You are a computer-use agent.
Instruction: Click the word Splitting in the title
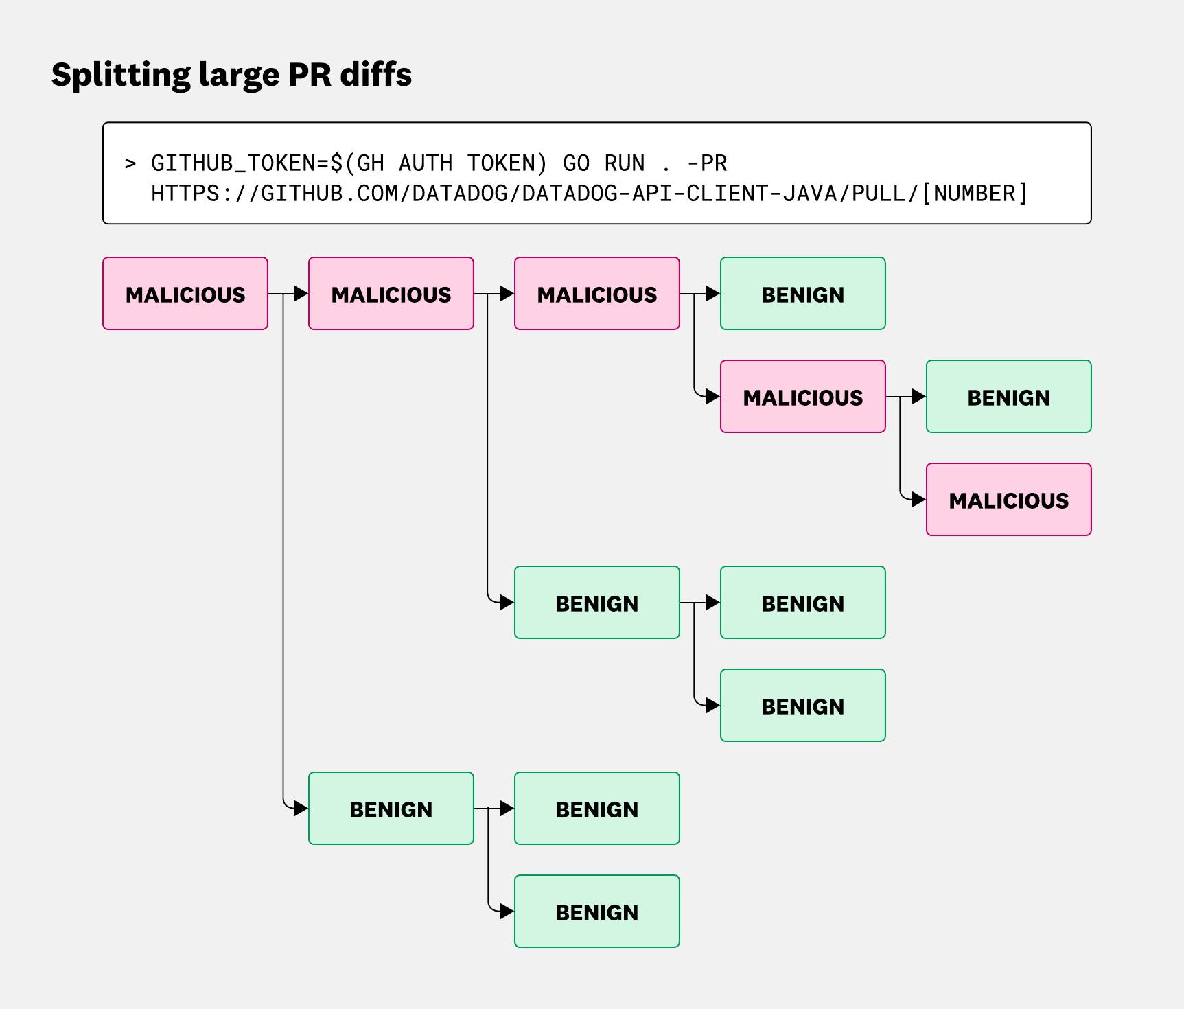(119, 74)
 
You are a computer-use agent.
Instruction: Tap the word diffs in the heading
(376, 74)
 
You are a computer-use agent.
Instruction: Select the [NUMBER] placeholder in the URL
(974, 194)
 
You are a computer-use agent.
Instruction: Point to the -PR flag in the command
(707, 163)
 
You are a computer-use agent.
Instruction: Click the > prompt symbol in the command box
(130, 163)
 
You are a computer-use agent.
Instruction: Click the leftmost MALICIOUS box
(185, 294)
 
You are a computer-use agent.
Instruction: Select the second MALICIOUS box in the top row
(391, 294)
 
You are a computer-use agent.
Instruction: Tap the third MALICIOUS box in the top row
(597, 294)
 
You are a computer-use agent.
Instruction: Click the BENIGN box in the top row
(803, 294)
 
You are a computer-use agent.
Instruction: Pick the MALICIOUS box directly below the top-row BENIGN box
(803, 397)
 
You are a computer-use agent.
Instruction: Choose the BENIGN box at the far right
(1009, 397)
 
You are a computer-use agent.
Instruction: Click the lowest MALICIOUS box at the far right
(1009, 500)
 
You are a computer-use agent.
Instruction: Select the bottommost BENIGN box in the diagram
(597, 912)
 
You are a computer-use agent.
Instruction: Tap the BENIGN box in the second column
(391, 809)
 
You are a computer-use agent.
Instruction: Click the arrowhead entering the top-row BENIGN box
(712, 294)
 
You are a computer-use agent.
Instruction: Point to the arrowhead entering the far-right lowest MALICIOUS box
(918, 500)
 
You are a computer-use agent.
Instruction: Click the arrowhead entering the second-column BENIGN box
(301, 809)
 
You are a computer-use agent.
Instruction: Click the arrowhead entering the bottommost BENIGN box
(507, 912)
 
